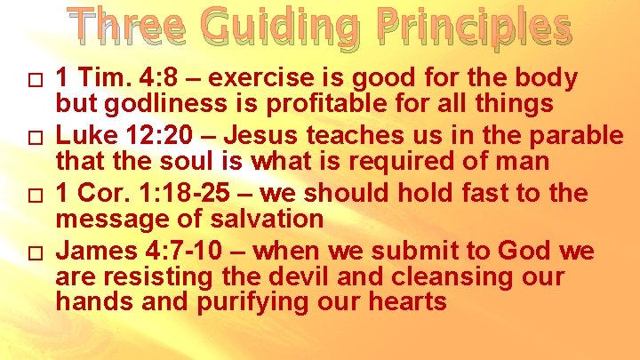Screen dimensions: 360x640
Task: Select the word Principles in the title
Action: click(477, 30)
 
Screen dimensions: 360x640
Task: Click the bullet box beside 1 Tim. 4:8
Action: click(35, 81)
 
